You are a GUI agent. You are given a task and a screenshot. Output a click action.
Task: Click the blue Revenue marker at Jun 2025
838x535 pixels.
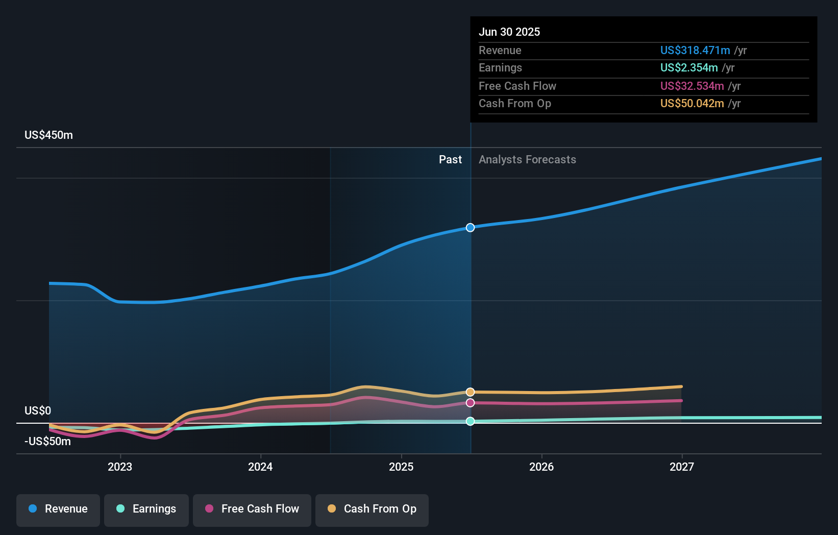470,228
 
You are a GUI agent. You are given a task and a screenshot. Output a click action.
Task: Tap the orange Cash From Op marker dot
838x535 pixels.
470,392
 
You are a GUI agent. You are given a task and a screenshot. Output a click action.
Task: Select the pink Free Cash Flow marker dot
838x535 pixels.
470,403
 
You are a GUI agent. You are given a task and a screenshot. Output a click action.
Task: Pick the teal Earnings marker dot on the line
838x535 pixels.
470,421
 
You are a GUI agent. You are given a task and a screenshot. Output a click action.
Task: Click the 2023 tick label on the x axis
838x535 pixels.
120,467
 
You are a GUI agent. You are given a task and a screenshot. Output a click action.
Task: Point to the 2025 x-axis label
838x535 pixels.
401,467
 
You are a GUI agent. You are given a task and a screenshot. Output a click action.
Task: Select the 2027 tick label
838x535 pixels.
682,467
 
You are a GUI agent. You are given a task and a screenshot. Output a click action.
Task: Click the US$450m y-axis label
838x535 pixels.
48,135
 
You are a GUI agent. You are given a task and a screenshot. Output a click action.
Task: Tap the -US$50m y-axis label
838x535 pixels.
47,442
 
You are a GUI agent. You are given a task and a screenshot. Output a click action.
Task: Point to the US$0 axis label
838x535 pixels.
38,411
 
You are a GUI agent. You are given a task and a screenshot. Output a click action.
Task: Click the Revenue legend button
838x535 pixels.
58,509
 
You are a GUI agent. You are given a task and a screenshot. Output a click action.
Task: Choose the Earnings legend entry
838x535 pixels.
146,509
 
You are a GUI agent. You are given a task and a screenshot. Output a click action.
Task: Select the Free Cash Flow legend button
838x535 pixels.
252,509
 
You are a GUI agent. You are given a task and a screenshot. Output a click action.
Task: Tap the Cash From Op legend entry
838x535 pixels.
372,509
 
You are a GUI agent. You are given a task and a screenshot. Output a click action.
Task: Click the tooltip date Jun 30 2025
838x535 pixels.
509,32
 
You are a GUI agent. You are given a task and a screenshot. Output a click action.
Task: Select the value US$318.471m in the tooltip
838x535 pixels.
695,51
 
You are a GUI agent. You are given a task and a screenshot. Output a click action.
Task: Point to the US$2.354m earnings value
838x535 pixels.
688,68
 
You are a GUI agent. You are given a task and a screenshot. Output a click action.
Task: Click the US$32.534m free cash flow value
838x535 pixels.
692,86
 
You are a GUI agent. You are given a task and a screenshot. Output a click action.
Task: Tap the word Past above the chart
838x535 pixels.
450,160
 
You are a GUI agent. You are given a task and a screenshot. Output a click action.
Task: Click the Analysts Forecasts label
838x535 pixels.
527,160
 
